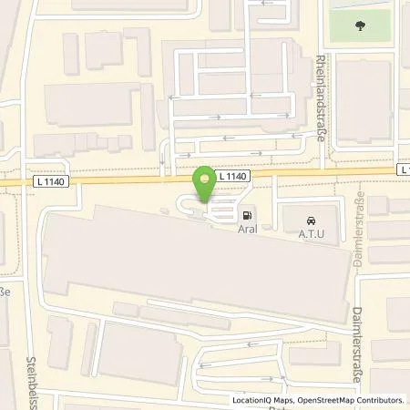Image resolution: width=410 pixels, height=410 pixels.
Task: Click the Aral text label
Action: point(247,231)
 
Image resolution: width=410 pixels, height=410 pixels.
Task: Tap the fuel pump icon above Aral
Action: point(247,216)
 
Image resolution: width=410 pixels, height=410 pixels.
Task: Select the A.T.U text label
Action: point(313,234)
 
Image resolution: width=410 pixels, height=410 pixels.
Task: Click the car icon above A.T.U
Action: point(312,219)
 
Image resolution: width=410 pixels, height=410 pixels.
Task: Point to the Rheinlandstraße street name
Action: point(323,101)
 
